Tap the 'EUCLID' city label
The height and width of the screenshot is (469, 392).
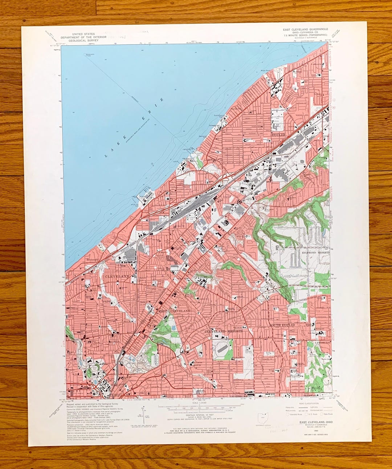279,135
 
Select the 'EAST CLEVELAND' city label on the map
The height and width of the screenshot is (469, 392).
174,311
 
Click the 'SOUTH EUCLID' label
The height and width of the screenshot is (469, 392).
282,325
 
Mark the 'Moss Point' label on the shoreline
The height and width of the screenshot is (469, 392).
266,71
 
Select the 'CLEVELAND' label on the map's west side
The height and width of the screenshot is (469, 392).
117,276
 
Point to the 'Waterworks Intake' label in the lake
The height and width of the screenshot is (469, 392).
89,55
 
